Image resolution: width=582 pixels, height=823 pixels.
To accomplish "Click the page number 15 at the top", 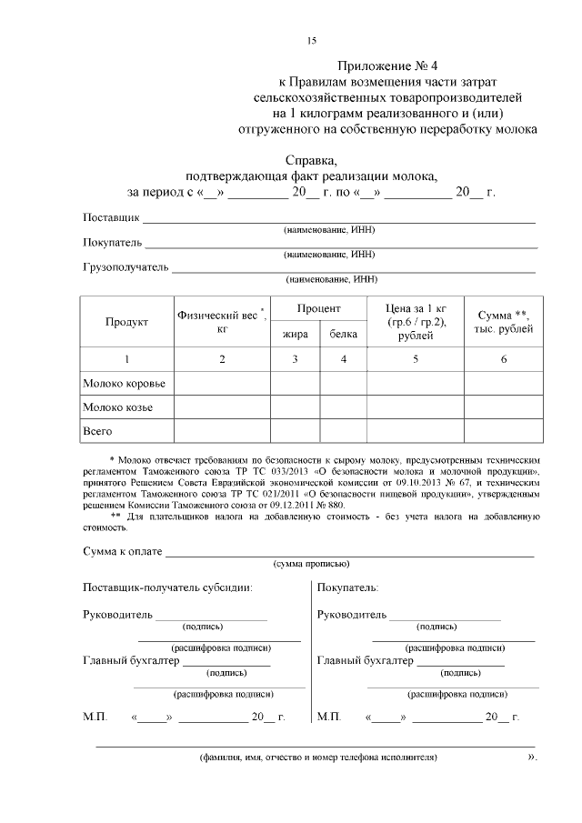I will click(311, 41).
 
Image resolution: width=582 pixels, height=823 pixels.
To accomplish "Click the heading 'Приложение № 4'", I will click(387, 66).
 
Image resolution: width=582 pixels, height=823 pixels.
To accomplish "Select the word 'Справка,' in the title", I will click(311, 160).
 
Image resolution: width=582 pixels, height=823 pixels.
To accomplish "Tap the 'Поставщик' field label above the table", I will click(111, 218).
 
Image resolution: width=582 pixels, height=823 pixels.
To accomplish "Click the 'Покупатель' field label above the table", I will click(113, 243).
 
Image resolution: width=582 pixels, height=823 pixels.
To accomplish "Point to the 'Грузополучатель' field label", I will click(125, 267).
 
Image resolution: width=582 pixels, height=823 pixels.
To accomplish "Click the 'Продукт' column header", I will click(126, 322).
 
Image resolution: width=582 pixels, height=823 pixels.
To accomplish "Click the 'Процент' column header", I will click(318, 309).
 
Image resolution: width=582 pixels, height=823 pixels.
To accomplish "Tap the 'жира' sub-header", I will click(295, 335).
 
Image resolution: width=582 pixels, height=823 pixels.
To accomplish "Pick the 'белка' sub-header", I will click(343, 335).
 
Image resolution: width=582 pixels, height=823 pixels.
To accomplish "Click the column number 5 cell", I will click(416, 359).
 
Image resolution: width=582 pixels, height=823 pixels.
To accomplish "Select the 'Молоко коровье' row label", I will click(124, 384).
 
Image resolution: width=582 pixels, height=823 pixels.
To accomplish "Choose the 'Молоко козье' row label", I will click(117, 406).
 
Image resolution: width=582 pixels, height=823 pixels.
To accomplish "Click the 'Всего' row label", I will click(97, 430).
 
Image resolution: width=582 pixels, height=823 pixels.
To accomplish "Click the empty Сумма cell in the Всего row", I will click(505, 430).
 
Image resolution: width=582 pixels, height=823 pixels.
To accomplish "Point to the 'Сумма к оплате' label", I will click(122, 551).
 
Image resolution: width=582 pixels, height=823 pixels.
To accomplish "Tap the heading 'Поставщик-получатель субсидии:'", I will click(167, 587).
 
